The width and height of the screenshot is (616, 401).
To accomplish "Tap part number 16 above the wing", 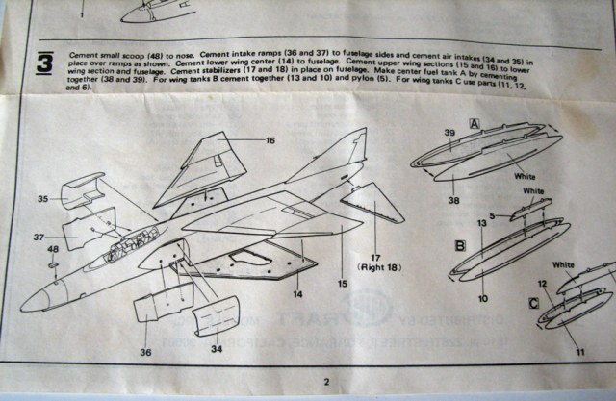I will (x=270, y=139).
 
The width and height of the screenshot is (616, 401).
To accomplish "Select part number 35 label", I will (x=42, y=201).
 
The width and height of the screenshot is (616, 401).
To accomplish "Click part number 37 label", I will (x=42, y=237).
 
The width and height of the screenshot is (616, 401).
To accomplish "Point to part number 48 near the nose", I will (x=52, y=250).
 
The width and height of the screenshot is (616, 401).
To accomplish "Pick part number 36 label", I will (x=145, y=353).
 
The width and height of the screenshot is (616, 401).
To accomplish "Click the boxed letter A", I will (x=474, y=123).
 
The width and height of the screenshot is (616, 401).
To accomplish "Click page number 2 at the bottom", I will (x=326, y=383).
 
